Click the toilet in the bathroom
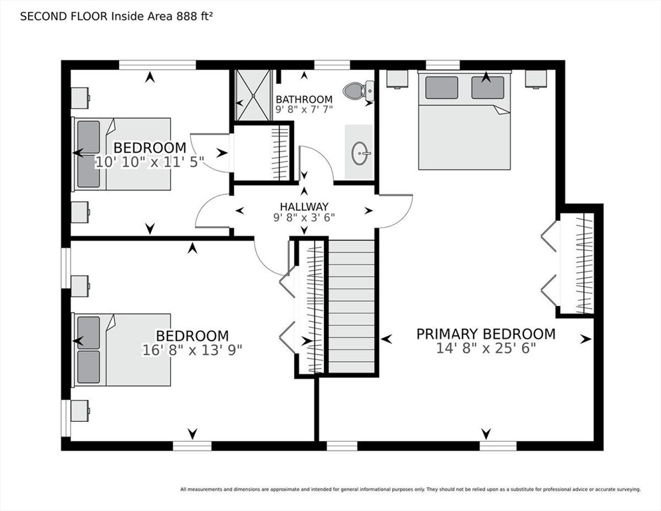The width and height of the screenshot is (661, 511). tap(358, 90)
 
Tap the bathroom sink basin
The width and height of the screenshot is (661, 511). tap(361, 153)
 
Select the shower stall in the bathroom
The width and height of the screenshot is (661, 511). tap(253, 96)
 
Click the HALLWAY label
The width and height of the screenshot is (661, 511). tap(304, 207)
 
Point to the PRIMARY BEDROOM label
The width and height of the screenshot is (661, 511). tap(485, 334)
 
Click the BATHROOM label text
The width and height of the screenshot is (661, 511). tap(304, 100)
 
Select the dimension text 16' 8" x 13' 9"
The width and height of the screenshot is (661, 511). tap(192, 350)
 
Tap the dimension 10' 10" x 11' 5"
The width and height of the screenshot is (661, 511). tap(150, 162)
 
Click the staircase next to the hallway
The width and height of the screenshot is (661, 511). tap(351, 307)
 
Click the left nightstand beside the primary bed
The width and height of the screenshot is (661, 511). tap(397, 79)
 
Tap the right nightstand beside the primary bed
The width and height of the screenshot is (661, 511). tap(536, 79)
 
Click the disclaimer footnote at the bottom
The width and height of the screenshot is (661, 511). tap(410, 490)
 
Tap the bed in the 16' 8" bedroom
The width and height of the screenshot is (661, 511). tap(122, 349)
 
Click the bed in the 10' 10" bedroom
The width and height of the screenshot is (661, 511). tap(122, 154)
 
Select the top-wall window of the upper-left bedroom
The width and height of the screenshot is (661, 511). tap(158, 65)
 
